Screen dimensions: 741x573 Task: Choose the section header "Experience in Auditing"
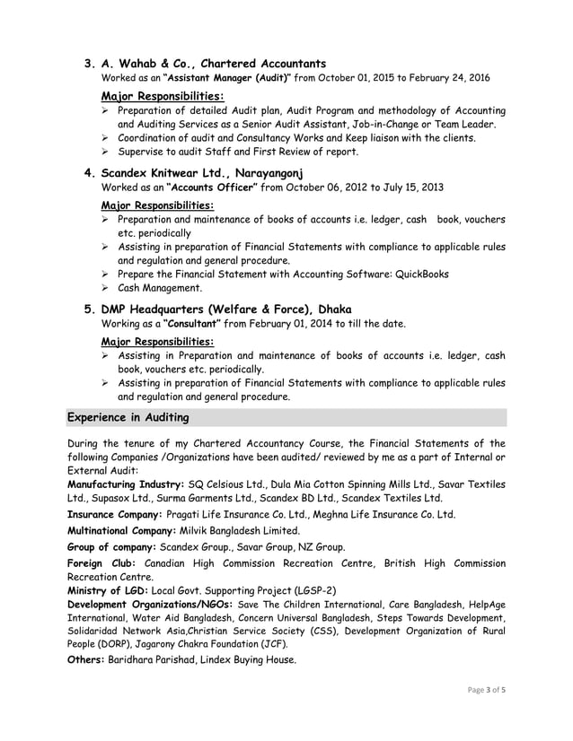(x=126, y=417)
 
